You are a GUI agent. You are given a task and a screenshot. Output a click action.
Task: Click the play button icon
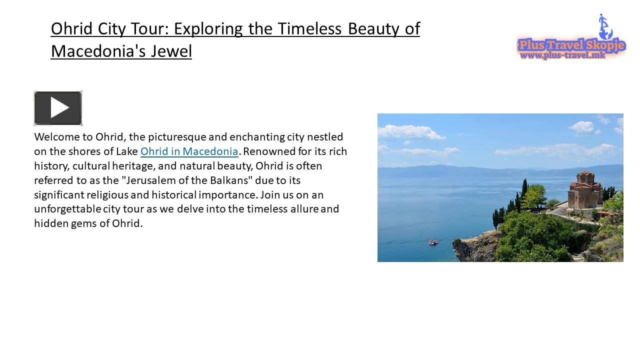(58, 108)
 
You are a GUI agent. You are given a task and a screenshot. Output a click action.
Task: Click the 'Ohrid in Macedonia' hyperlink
(189, 151)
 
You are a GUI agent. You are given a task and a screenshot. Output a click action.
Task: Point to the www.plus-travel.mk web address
(562, 55)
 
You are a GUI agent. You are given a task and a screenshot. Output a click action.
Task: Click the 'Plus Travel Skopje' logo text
(571, 45)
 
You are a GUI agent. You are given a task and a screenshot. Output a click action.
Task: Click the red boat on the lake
(432, 242)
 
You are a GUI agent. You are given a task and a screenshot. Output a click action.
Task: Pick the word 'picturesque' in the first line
(177, 136)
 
